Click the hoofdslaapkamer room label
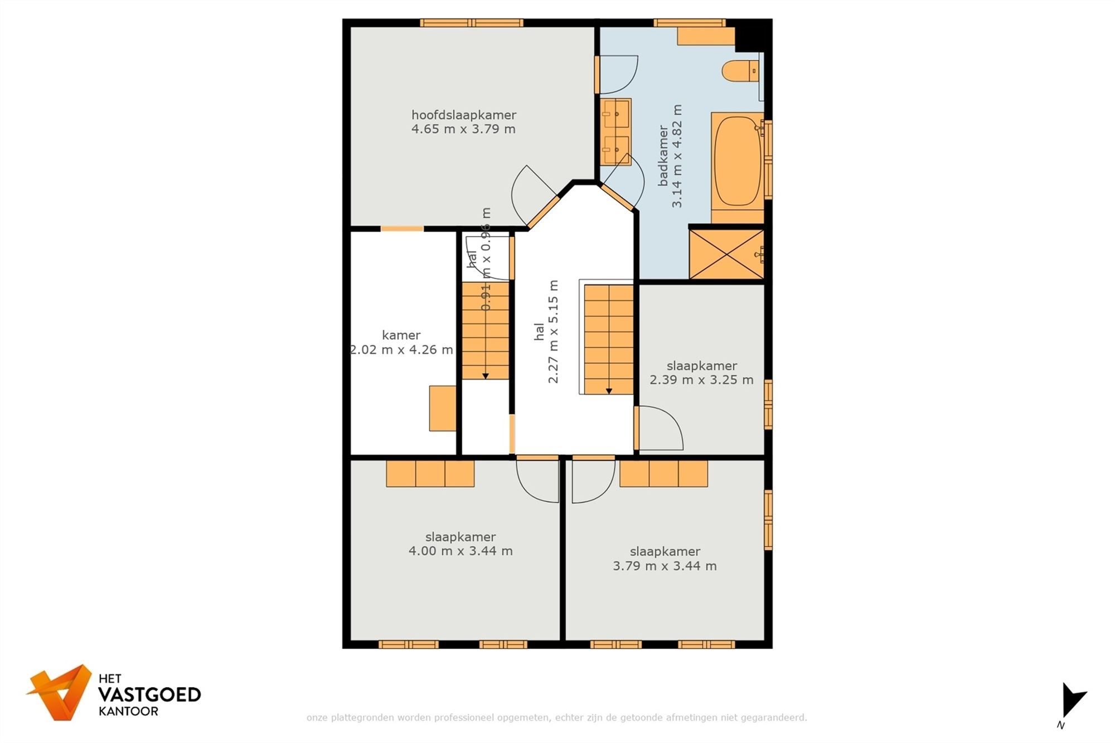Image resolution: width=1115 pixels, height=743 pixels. pos(463,115)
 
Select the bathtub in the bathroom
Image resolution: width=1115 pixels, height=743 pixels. pos(737,161)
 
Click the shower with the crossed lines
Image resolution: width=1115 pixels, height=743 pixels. pos(726,254)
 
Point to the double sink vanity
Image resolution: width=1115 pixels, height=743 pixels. pos(615,132)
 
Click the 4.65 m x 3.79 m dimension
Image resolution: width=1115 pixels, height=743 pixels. pos(463,129)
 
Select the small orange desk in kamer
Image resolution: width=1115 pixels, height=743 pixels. pos(442,408)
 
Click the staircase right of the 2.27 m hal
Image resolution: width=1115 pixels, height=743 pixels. pos(608,339)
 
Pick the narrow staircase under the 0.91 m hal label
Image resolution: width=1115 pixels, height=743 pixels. pos(485,331)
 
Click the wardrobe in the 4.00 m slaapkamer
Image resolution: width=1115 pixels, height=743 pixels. pos(430,473)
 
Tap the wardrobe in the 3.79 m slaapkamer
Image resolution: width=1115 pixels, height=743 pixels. pos(663,473)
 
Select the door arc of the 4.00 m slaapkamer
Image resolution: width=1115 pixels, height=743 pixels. pos(537,480)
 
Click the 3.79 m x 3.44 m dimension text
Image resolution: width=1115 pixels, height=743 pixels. pos(665,566)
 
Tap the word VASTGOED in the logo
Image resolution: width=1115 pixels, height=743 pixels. pos(149,695)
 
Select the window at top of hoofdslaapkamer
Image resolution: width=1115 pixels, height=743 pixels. pos(471,23)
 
